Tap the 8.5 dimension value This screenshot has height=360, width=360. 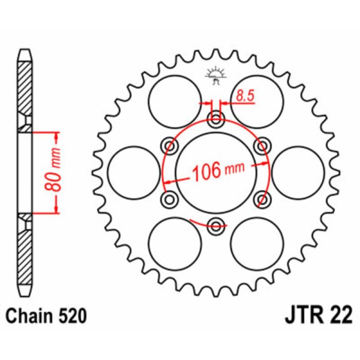(244, 94)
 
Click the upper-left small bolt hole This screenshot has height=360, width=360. (170, 146)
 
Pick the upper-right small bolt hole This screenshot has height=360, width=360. (261, 146)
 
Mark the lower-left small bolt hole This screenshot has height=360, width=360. (170, 199)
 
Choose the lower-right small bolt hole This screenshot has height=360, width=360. (261, 199)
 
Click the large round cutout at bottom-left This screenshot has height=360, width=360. (175, 243)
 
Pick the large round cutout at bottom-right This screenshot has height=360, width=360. (257, 243)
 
